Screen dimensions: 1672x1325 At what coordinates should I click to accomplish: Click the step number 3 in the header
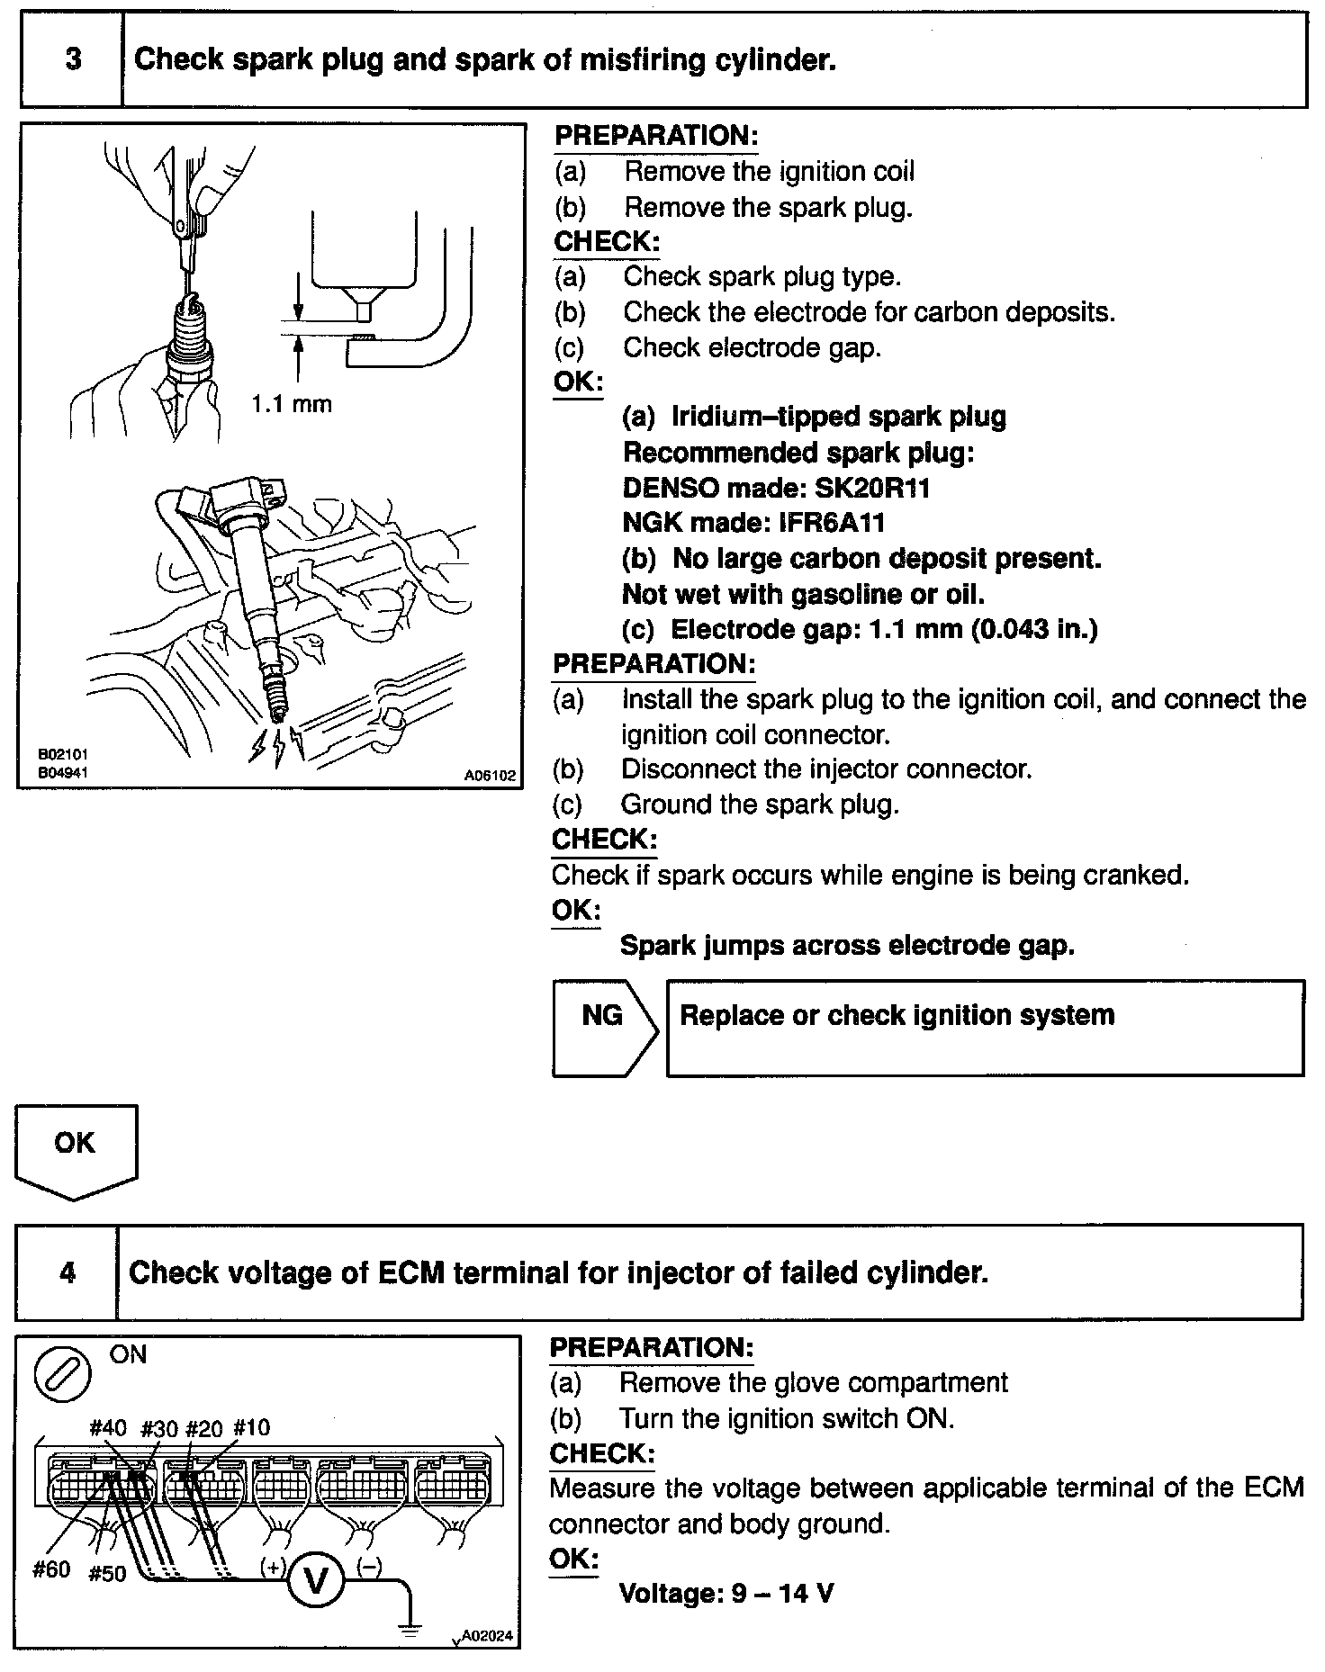click(x=73, y=59)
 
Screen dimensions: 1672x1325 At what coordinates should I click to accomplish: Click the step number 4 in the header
click(x=68, y=1272)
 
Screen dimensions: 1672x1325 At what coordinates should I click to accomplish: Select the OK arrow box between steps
click(x=76, y=1147)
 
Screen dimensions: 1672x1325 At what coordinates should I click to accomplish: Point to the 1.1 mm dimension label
click(x=292, y=404)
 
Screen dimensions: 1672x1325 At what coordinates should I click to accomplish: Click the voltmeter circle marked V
click(x=316, y=1579)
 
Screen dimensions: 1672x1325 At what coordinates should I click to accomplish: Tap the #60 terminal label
click(x=51, y=1569)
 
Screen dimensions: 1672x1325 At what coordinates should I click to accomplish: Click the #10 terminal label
click(x=251, y=1428)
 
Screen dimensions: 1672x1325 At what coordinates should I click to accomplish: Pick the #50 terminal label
click(x=107, y=1574)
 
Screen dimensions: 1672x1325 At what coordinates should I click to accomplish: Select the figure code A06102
click(x=491, y=774)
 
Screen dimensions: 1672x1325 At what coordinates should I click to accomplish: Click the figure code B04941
click(x=62, y=772)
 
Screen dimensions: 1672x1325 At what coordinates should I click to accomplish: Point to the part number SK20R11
click(x=871, y=488)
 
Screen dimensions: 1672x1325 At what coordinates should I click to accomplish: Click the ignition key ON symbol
click(x=61, y=1375)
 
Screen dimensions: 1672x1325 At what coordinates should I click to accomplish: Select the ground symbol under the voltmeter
click(x=410, y=1627)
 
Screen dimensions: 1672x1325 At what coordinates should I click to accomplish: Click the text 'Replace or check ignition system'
click(x=897, y=1015)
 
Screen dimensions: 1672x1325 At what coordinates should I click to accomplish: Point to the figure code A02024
click(x=487, y=1636)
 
